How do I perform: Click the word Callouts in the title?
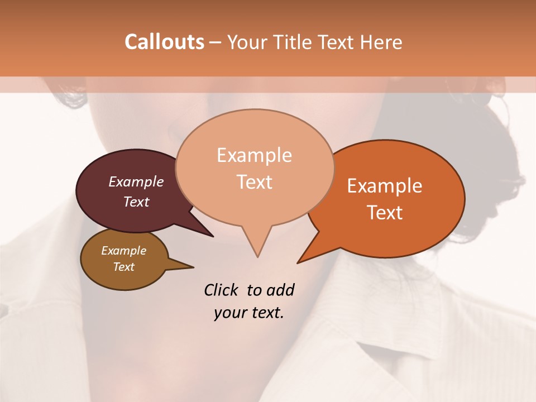click(x=164, y=42)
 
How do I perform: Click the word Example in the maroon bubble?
click(x=136, y=181)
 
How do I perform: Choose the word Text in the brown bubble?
click(x=124, y=267)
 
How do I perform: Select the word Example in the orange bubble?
click(x=385, y=186)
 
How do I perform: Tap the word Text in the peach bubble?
click(x=255, y=181)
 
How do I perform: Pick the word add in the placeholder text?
click(x=280, y=290)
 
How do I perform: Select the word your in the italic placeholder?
click(x=229, y=313)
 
